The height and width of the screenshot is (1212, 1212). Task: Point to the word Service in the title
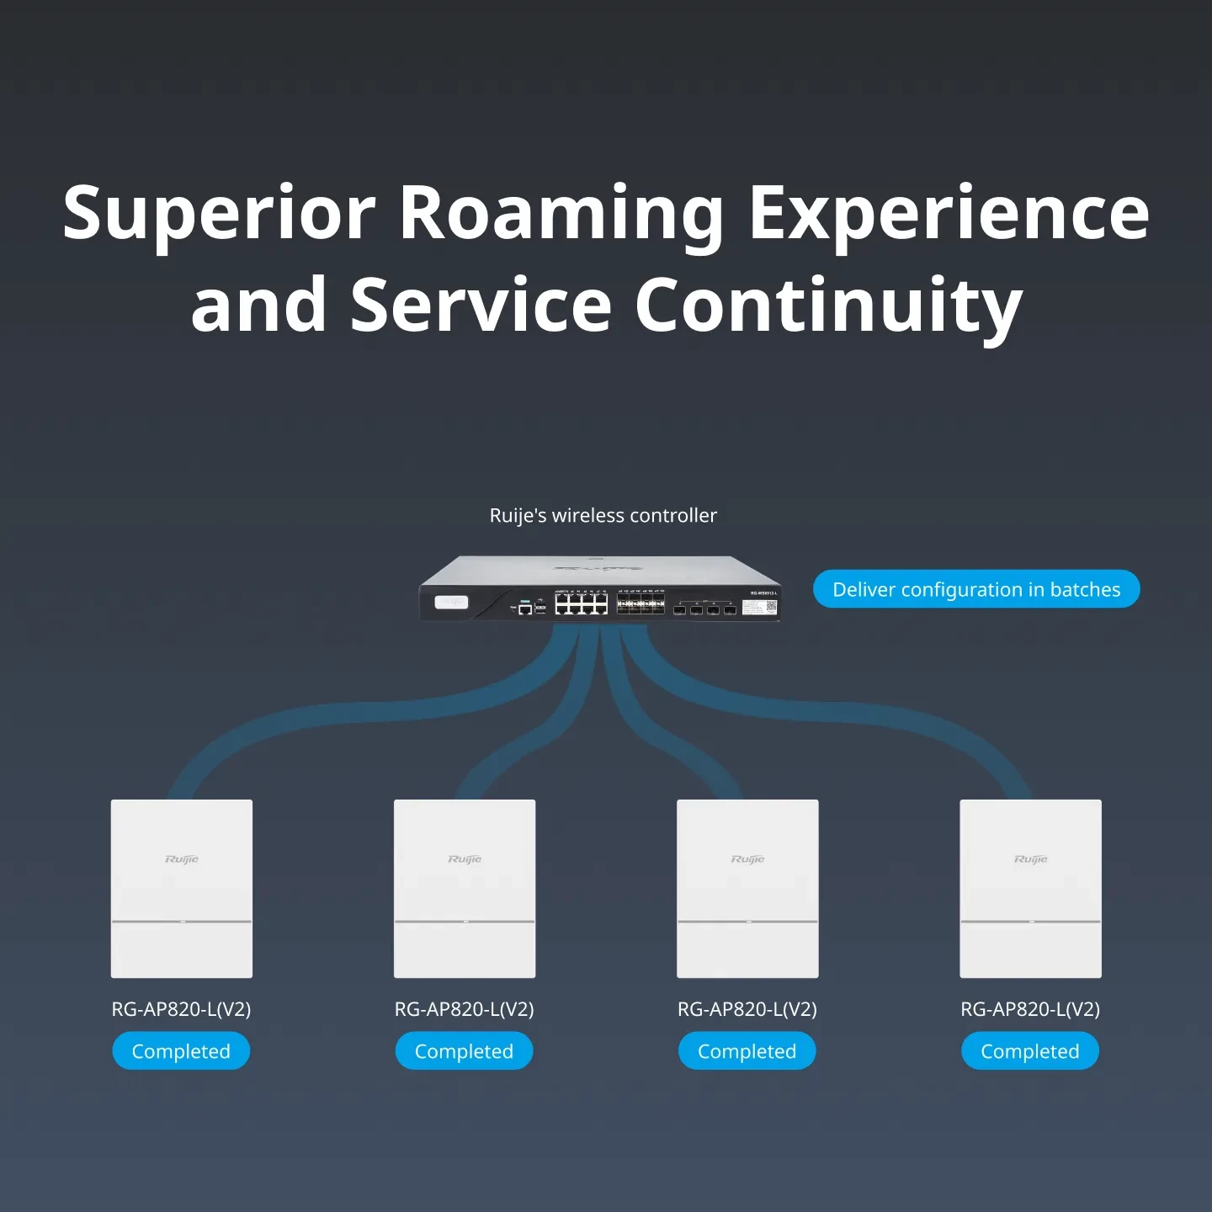pos(481,305)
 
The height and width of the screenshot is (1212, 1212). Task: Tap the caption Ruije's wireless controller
pos(603,515)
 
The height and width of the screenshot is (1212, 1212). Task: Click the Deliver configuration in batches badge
pos(976,589)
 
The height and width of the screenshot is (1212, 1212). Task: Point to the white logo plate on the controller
pos(451,602)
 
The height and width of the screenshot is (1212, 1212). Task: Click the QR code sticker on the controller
pos(771,606)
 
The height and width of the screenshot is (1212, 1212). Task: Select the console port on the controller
pos(524,609)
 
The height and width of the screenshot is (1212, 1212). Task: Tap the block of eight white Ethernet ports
pos(581,603)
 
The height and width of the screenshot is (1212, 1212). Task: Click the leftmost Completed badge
pos(181,1051)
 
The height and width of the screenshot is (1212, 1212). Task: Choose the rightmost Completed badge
pos(1030,1051)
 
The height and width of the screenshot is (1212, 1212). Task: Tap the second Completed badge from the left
pos(464,1051)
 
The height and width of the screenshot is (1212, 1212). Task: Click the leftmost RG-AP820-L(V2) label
pos(181,1009)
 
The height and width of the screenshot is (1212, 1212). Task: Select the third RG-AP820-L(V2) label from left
pos(747,1009)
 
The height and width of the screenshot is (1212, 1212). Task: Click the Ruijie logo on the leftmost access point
pos(182,859)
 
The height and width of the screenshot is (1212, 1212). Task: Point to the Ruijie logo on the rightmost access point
pos(1031,859)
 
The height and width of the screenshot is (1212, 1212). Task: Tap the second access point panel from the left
pos(465,889)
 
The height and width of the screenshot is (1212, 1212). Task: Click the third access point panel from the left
pos(747,889)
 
